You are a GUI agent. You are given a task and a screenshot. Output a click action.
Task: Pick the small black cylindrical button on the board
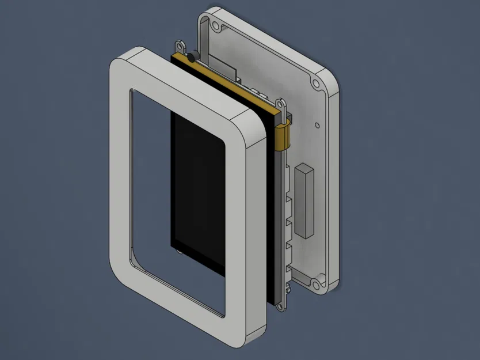[x=191, y=55]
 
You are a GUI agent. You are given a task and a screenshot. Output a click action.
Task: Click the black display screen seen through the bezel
[x=199, y=190]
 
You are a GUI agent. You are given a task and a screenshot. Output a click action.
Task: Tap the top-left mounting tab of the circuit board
[x=180, y=44]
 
